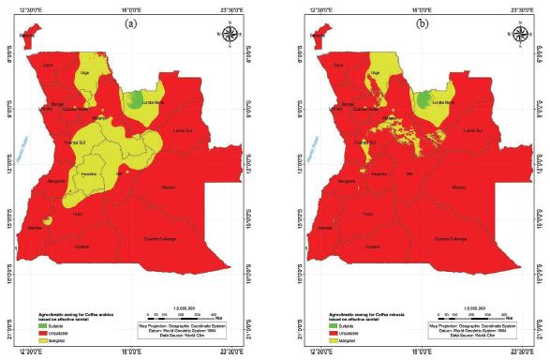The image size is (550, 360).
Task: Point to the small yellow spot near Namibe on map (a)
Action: pos(47,220)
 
